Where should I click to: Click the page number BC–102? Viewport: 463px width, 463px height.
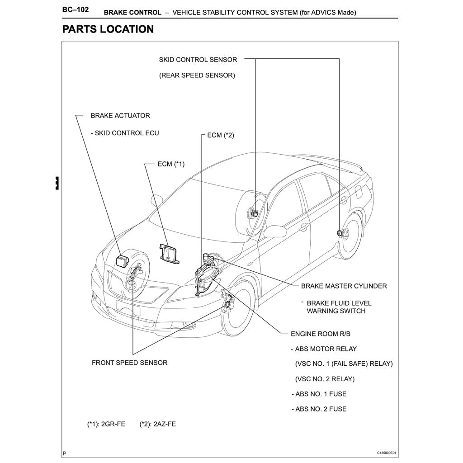pos(75,9)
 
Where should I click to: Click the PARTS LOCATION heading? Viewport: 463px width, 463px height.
pos(108,29)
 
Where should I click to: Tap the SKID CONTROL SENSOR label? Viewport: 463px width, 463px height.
pos(198,59)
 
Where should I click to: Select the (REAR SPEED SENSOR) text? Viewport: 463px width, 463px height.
pos(197,76)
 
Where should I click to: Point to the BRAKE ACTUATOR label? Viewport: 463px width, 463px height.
pos(120,116)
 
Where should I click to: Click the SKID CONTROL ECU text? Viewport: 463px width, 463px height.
pos(125,133)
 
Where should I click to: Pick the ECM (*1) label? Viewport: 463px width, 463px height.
pos(171,164)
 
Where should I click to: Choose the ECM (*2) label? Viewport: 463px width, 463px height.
pos(221,135)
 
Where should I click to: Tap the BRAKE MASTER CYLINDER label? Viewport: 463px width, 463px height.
pos(344,286)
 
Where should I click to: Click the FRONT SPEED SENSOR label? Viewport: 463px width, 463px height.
pos(129,363)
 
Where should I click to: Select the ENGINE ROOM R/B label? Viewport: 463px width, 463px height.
pos(320,334)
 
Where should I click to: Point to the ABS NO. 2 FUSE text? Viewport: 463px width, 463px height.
pos(321,409)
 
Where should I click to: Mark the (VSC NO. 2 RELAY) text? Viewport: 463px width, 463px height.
pos(324,379)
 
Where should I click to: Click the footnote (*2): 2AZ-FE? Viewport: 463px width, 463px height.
pos(158,425)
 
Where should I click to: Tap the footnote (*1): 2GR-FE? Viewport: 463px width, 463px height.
pos(106,425)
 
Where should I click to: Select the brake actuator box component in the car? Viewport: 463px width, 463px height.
pos(123,261)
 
